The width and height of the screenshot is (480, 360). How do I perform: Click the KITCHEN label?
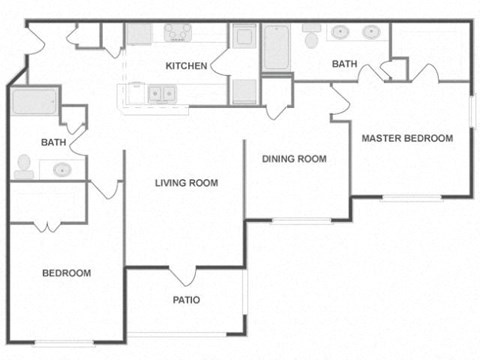[186, 66]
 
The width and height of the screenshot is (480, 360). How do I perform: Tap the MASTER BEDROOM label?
[407, 138]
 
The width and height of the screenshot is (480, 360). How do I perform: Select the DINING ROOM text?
[295, 159]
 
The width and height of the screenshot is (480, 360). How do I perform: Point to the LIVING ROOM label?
[186, 183]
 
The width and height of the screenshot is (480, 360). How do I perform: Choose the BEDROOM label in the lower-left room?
[66, 273]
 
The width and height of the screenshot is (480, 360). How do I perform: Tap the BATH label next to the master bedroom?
[345, 65]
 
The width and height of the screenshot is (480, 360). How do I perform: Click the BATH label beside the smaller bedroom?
[53, 143]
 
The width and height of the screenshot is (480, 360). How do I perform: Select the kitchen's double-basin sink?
[161, 94]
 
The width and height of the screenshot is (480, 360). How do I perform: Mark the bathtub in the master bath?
[276, 47]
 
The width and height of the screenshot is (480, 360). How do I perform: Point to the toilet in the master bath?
[311, 39]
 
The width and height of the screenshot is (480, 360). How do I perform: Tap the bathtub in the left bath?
[35, 102]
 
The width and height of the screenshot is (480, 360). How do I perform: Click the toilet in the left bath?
[24, 166]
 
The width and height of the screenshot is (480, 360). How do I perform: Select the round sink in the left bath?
[62, 169]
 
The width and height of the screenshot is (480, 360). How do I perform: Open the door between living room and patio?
[183, 274]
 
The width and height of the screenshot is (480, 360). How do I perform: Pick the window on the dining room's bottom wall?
[301, 220]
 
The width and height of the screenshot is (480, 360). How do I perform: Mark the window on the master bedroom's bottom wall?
[411, 197]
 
